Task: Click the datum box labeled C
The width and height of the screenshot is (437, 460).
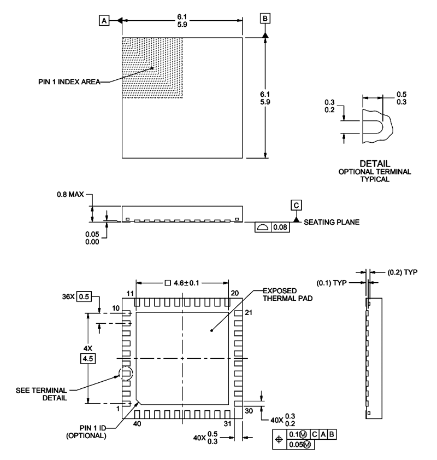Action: (296, 205)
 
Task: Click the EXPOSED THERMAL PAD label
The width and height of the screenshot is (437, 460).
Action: (283, 294)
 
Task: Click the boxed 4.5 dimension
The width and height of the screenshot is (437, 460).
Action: (87, 359)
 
